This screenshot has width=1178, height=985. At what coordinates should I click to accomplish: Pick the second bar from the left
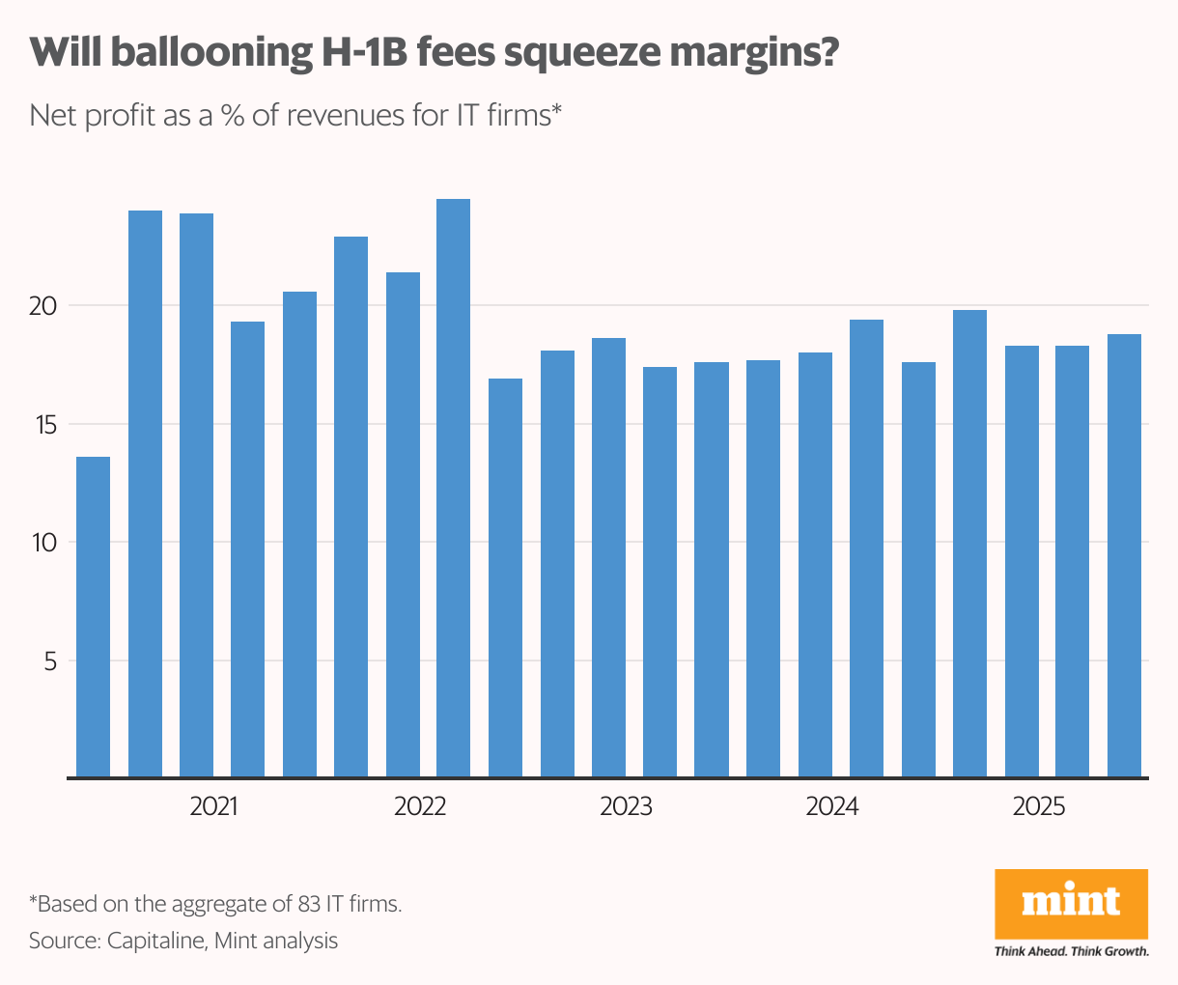[x=145, y=493]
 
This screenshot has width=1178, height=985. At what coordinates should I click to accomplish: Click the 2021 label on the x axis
[x=213, y=806]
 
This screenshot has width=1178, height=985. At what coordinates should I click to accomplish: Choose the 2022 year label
[x=420, y=806]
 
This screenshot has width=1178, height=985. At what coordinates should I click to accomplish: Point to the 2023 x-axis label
[x=626, y=806]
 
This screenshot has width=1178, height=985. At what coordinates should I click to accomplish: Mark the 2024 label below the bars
[x=831, y=806]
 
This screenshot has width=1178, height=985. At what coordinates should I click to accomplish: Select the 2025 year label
[x=1038, y=806]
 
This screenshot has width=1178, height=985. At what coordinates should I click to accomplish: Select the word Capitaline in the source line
[x=154, y=941]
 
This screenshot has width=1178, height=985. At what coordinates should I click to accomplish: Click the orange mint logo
[x=1071, y=903]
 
